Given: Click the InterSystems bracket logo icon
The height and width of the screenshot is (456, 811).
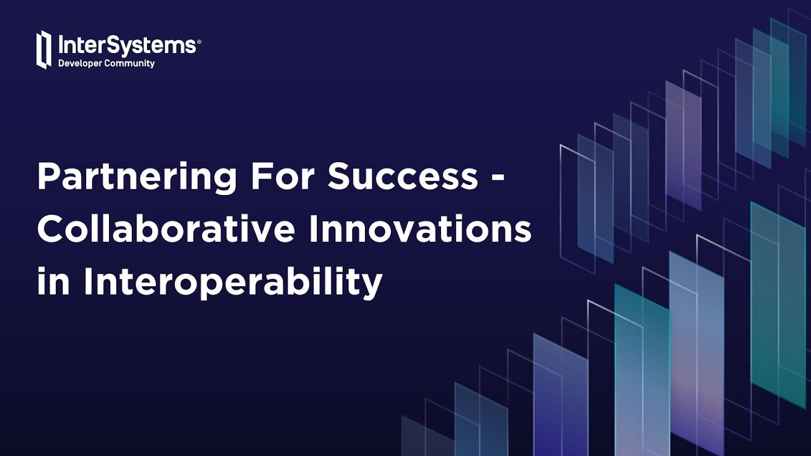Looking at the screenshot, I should (43, 49).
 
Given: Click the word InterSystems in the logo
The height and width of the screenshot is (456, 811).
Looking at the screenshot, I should (127, 46).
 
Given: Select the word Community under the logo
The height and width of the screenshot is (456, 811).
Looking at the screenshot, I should (131, 63).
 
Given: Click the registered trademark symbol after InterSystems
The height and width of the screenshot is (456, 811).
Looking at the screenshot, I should (199, 41).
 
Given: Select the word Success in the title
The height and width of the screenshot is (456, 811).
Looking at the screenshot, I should (402, 176).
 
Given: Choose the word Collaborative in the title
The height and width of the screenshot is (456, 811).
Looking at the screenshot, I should (166, 229).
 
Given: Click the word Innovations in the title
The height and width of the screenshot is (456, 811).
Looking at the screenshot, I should (420, 229).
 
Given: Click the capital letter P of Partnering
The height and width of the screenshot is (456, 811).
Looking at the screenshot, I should (48, 176).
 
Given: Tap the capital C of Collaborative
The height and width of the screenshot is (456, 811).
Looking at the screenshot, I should (49, 229).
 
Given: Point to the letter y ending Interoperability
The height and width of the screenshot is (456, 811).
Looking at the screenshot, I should (373, 286).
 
